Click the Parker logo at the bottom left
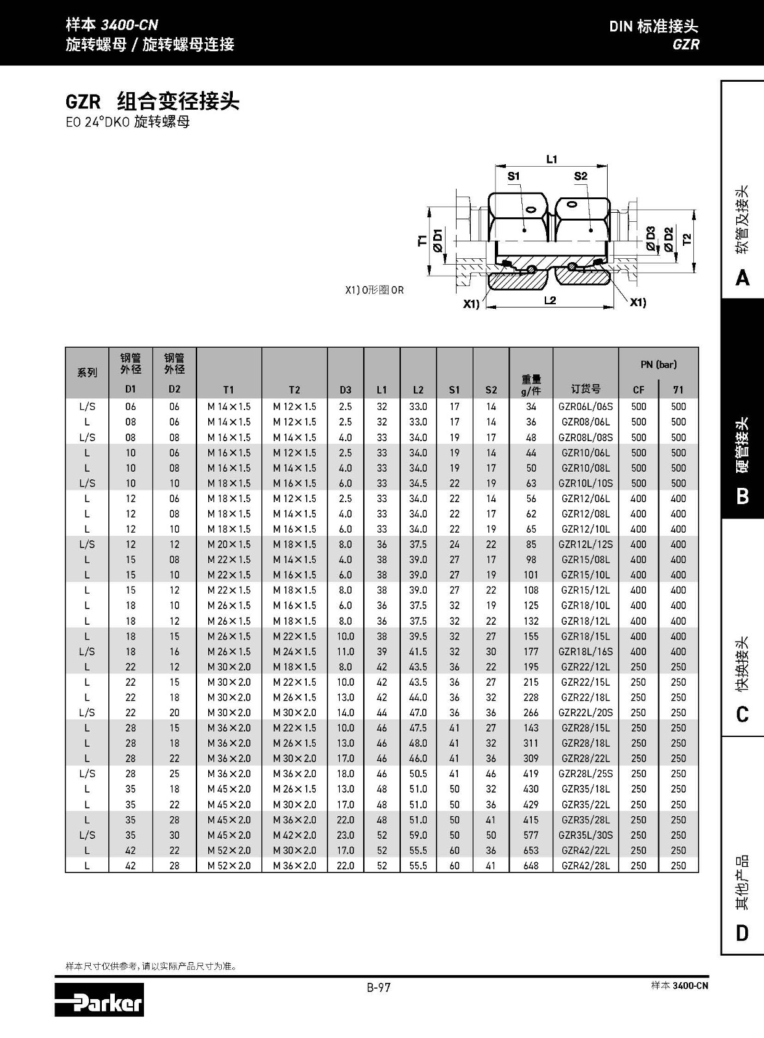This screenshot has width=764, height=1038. [x=99, y=1000]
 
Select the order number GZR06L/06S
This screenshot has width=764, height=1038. [x=586, y=407]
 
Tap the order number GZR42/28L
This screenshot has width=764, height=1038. [x=586, y=865]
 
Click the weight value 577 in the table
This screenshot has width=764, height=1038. [x=531, y=835]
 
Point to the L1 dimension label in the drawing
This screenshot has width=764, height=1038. [x=551, y=159]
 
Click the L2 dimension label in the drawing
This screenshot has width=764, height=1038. [x=550, y=300]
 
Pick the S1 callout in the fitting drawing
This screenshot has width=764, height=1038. [x=514, y=176]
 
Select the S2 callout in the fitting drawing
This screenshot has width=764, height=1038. [x=580, y=176]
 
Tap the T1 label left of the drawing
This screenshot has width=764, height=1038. [x=423, y=241]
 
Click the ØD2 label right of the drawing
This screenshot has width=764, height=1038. [x=669, y=238]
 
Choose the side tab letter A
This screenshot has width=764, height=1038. [x=743, y=278]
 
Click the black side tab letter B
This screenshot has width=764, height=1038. [x=743, y=496]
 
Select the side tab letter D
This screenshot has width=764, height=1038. [x=743, y=933]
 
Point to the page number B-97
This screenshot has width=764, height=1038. [x=379, y=987]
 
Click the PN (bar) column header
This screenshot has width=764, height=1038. [x=658, y=365]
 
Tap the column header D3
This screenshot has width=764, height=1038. [x=346, y=390]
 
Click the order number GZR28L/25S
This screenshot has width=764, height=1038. [x=586, y=774]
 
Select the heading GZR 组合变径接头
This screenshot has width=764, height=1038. [x=152, y=102]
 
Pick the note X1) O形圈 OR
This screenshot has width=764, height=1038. [x=374, y=290]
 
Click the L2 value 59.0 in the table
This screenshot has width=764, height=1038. [x=418, y=835]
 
